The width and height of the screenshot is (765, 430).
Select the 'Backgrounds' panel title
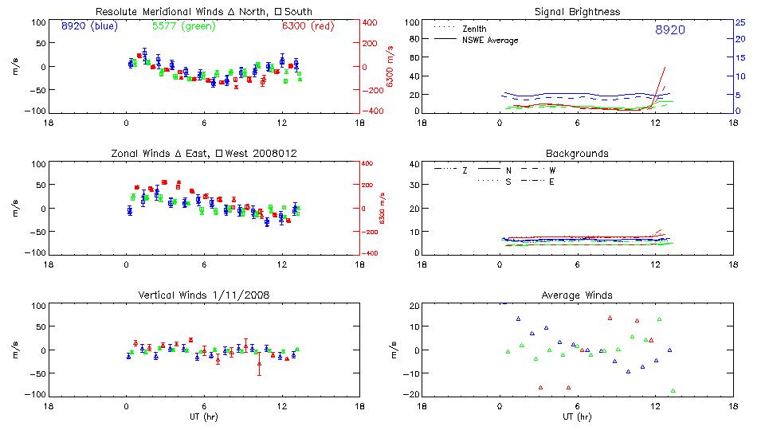point(577,153)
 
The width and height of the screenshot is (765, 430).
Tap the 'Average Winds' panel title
point(577,295)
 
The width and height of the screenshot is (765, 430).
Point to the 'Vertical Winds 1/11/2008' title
point(203,295)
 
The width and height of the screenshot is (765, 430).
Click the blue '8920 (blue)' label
point(88,26)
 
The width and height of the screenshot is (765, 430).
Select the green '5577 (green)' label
point(184,26)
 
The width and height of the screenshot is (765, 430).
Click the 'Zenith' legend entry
point(474,29)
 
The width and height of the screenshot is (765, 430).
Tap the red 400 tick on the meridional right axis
point(371,22)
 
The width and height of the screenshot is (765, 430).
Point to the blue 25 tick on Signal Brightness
point(739,22)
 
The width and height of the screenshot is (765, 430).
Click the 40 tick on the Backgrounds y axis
point(414,165)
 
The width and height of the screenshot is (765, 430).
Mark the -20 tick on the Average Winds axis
point(412,394)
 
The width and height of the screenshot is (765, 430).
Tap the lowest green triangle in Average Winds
point(673,391)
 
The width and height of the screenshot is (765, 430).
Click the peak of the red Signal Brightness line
point(665,68)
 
